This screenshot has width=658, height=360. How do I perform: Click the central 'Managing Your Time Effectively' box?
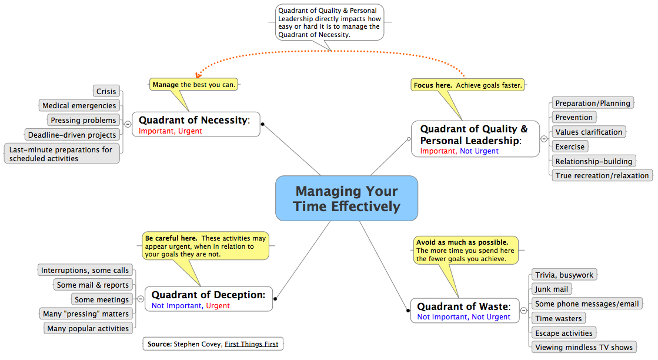coord(346,198)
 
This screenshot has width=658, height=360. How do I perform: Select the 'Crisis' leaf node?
coord(106,91)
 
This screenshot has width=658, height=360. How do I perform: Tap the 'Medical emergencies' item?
coord(79,106)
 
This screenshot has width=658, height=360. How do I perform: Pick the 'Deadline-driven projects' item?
coord(72,135)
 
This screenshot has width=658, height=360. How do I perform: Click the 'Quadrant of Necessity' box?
coord(196,125)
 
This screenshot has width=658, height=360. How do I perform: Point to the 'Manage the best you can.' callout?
coord(193,85)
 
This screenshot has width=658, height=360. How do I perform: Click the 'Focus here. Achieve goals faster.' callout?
coord(467,85)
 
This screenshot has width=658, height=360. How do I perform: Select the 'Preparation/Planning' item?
coord(593,103)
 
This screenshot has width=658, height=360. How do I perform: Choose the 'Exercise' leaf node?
coord(570,147)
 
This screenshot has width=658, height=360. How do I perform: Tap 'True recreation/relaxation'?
coord(602,176)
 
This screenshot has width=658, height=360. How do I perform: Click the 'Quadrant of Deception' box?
coord(209,299)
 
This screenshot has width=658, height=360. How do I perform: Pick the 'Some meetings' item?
coord(102,299)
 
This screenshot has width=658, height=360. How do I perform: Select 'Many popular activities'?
coord(88,329)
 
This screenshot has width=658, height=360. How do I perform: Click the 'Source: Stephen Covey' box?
coord(213,344)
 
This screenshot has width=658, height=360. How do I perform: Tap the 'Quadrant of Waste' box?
coord(465,311)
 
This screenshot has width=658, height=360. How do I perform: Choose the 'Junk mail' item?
coord(552,289)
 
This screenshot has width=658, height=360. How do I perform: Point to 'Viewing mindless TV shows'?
coord(584,348)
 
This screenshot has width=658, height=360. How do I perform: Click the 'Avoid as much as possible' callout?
coord(465,251)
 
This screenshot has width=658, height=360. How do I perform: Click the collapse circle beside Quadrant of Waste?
coord(524,311)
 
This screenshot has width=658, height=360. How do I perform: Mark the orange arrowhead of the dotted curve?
coord(198,75)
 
